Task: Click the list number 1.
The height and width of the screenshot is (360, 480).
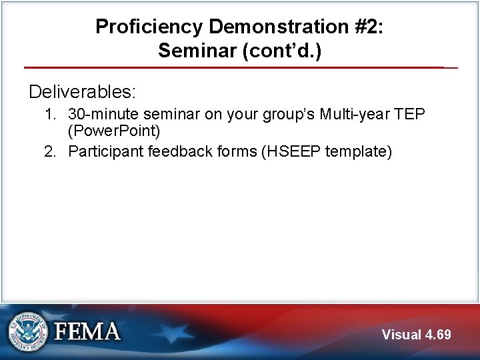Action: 50,115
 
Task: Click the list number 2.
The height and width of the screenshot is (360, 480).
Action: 50,151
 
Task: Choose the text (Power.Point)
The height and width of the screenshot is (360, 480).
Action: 114,131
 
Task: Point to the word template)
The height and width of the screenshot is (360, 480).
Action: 359,151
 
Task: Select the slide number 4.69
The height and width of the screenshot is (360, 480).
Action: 437,335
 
